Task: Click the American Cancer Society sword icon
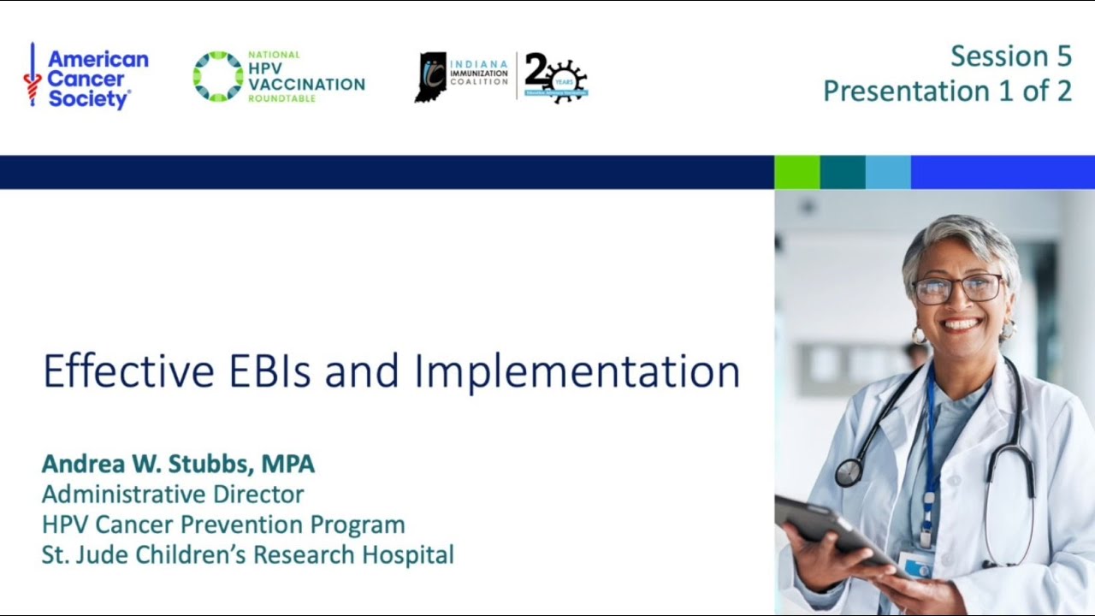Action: coord(33,75)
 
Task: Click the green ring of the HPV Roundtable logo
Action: coord(217,76)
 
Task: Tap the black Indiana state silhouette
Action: coord(430,77)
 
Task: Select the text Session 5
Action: coord(1010,56)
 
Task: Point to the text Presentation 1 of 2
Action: coord(947,91)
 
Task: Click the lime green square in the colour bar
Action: coord(796,172)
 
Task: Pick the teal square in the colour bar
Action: coord(843,172)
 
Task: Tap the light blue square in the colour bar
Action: coord(888,172)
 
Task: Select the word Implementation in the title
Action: coord(577,371)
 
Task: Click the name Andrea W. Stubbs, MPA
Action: coord(178,464)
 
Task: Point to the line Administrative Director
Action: coord(173,494)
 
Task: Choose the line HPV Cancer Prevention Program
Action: coord(223,524)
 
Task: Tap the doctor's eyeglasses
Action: coord(957,288)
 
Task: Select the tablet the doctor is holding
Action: coord(826,527)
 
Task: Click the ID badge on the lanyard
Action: coord(916,566)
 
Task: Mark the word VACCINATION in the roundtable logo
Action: coord(306,84)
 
